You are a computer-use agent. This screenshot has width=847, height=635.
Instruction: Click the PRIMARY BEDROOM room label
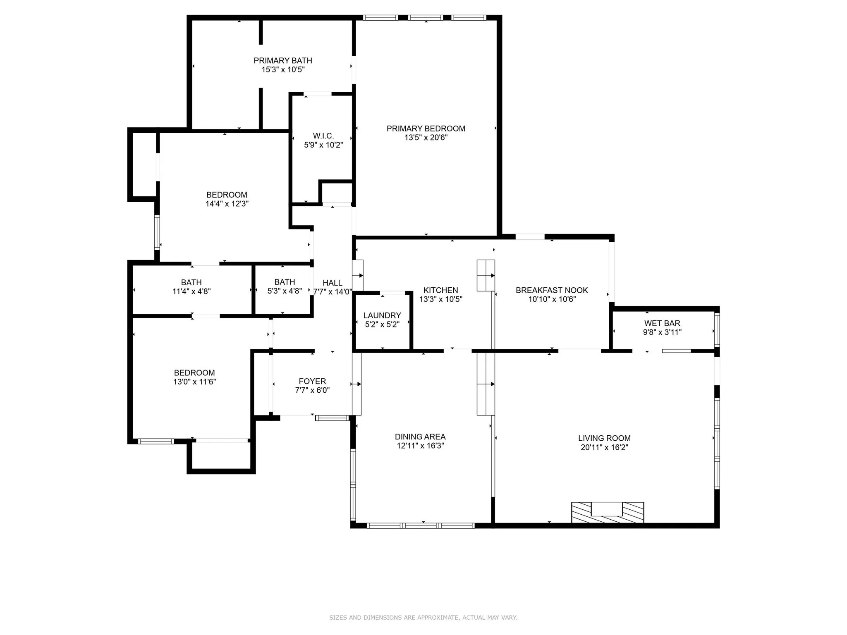[x=426, y=129]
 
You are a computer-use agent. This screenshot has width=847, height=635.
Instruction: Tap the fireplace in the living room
[x=607, y=512]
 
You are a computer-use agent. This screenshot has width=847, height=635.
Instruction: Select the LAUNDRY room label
[x=382, y=315]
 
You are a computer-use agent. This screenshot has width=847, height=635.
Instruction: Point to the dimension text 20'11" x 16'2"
[x=604, y=447]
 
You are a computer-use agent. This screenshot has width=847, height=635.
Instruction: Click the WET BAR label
[x=662, y=323]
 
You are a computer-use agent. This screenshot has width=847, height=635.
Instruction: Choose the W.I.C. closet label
[x=323, y=136]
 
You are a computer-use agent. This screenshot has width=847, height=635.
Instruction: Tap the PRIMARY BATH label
[x=282, y=61]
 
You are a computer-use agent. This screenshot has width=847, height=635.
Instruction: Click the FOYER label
[x=312, y=381]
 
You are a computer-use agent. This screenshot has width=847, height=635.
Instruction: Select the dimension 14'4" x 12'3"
[x=227, y=204]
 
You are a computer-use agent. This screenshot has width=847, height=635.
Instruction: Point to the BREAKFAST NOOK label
[x=551, y=290]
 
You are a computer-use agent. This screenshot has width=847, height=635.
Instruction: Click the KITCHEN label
[x=440, y=290]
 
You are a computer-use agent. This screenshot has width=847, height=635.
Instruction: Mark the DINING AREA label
[x=420, y=437]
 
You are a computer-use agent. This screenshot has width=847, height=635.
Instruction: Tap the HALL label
[x=332, y=283]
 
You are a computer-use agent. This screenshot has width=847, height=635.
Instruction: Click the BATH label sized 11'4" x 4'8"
[x=191, y=282]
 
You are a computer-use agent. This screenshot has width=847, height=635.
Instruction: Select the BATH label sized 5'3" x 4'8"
[x=285, y=282]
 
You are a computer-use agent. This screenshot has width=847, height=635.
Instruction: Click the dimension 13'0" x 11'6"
[x=194, y=382]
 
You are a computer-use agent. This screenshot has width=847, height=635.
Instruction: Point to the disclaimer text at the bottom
[x=423, y=618]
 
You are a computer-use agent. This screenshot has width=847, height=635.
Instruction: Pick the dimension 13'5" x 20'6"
[x=426, y=138]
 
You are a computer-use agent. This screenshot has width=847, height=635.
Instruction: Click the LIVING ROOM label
[x=604, y=438]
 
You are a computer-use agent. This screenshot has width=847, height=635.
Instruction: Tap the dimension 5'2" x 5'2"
[x=382, y=325]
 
